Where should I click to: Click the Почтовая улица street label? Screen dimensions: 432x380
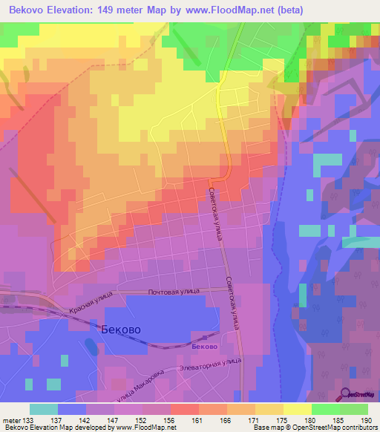click(174, 293)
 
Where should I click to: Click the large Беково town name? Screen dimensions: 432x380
click(119, 329)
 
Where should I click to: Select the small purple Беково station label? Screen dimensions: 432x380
click(204, 347)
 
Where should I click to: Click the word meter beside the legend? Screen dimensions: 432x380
click(11, 420)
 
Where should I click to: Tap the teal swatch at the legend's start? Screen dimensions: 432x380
click(44, 409)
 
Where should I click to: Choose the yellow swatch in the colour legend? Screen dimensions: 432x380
click(298, 409)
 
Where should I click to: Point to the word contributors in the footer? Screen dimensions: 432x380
click(360, 428)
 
